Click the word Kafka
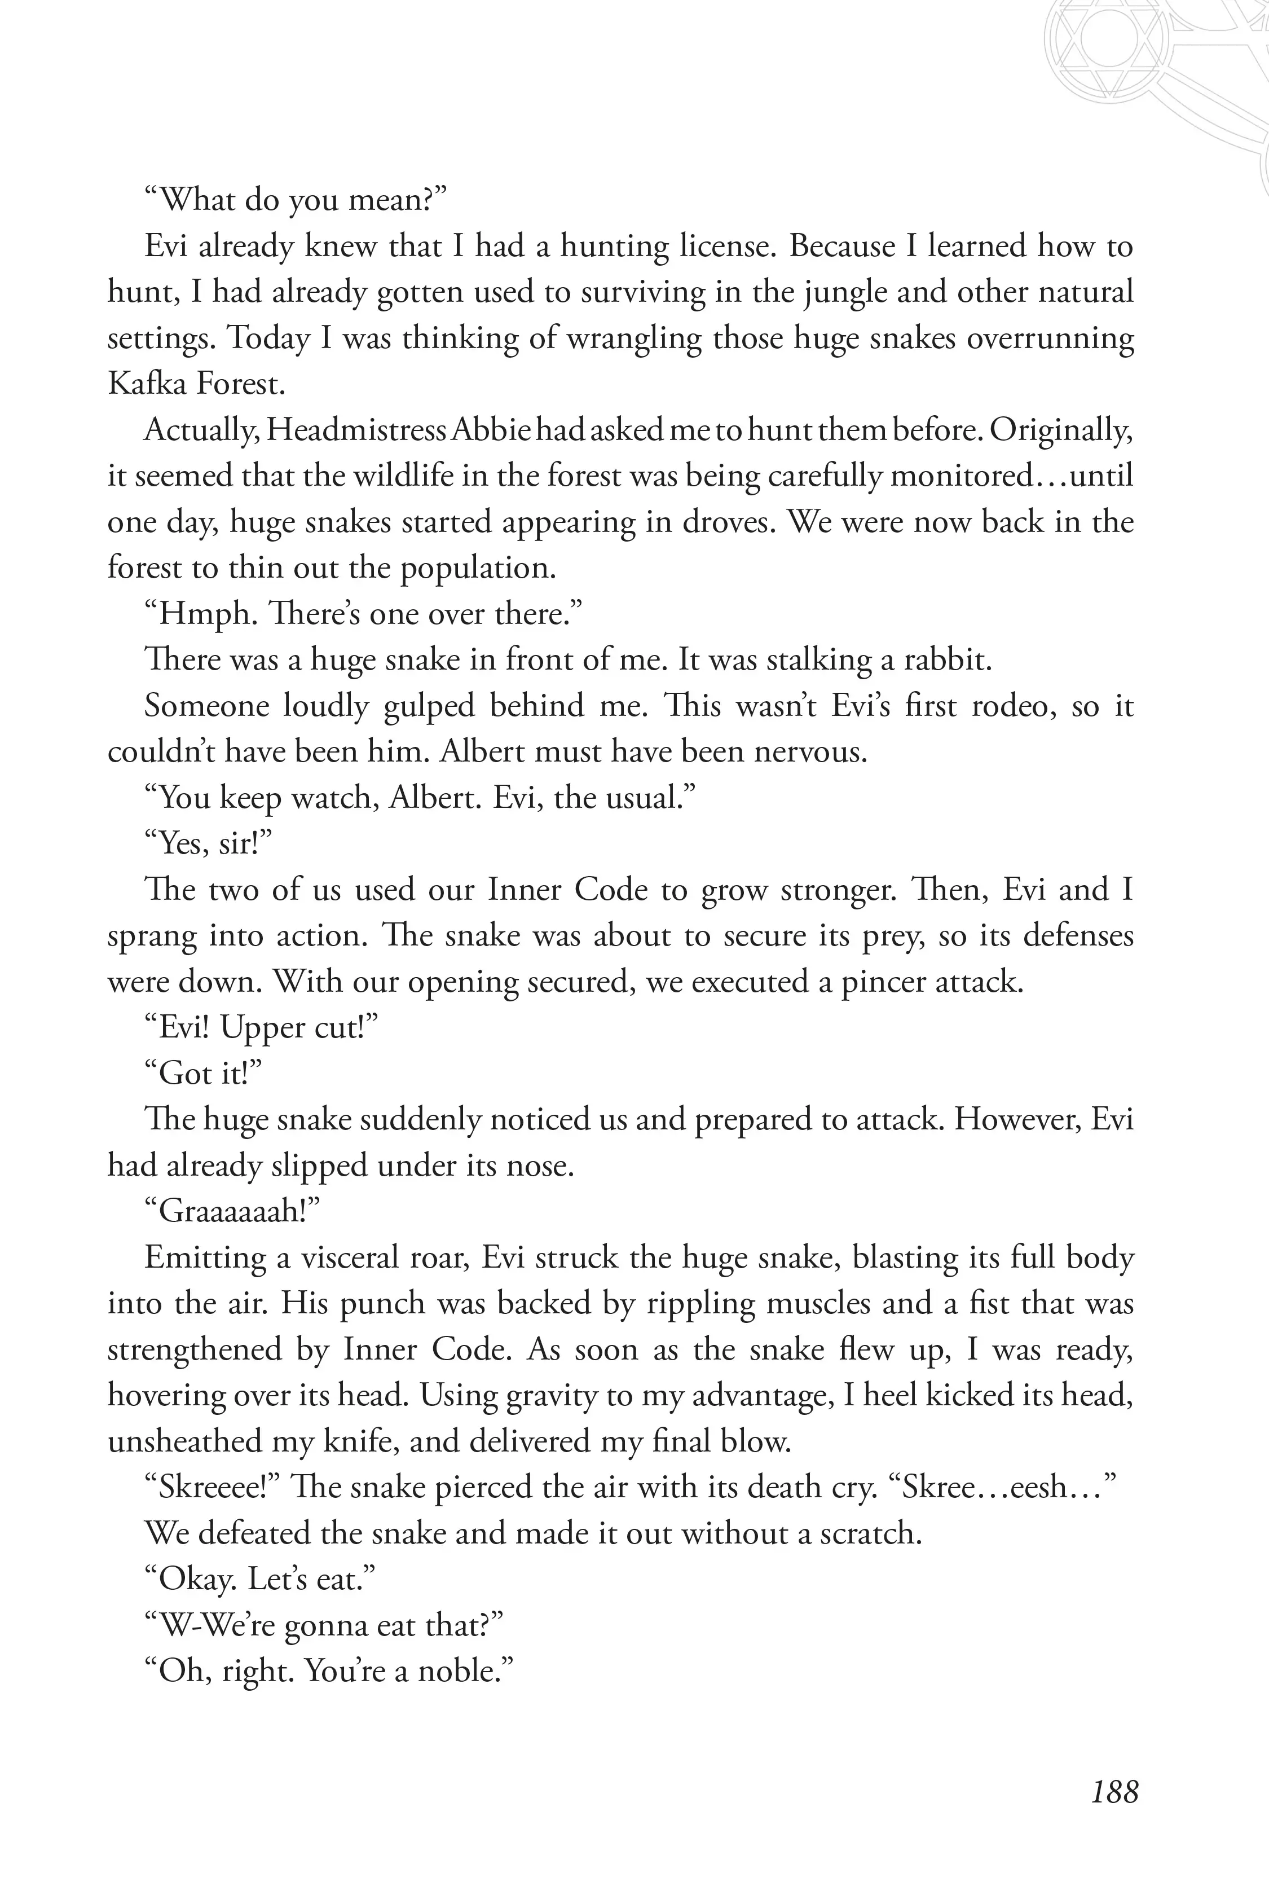coord(144,384)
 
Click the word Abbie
coord(491,430)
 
